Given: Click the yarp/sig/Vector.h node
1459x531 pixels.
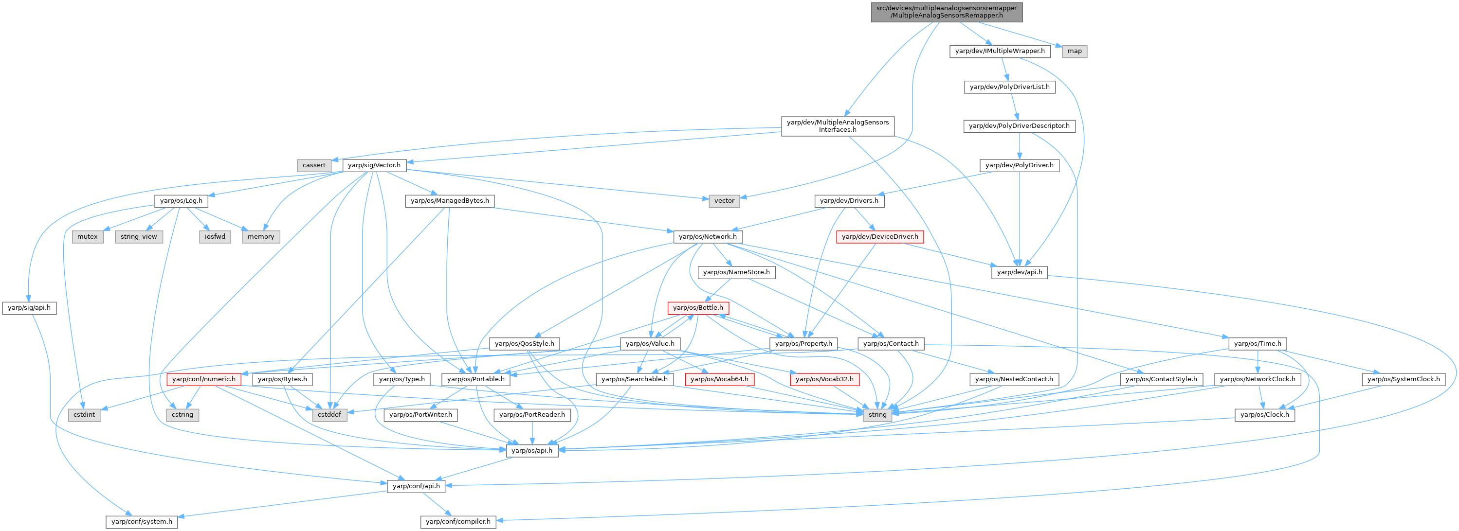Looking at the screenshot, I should [x=374, y=165].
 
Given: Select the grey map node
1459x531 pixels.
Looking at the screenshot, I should [x=1075, y=51].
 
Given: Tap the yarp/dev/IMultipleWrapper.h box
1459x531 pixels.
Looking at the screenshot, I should [x=1000, y=51].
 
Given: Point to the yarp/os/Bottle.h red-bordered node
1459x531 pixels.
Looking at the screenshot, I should [x=698, y=308].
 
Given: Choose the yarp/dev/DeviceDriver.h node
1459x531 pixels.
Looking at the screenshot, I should [x=879, y=237].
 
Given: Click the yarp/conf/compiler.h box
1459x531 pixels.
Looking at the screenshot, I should [x=458, y=521].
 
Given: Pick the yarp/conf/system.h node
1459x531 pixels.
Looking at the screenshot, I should [x=142, y=521].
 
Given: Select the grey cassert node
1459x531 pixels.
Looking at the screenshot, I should [x=314, y=165].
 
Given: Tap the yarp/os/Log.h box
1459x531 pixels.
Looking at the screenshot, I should [x=181, y=201].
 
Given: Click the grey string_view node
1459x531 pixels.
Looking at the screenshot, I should [x=139, y=237].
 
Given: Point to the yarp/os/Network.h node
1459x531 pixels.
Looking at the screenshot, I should [x=708, y=237].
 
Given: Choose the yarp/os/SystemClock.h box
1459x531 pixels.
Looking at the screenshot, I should [x=1404, y=379].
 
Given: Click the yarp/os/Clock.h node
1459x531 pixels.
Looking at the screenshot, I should [x=1264, y=415].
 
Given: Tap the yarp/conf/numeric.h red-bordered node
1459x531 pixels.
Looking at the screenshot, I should [x=204, y=379].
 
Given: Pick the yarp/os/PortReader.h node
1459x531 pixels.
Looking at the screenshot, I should [x=532, y=415].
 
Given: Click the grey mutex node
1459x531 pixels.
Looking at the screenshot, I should [x=88, y=237].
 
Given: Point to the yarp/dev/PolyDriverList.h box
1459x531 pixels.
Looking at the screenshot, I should [x=1009, y=87].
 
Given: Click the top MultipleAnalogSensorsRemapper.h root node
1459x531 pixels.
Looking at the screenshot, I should [x=947, y=11].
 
